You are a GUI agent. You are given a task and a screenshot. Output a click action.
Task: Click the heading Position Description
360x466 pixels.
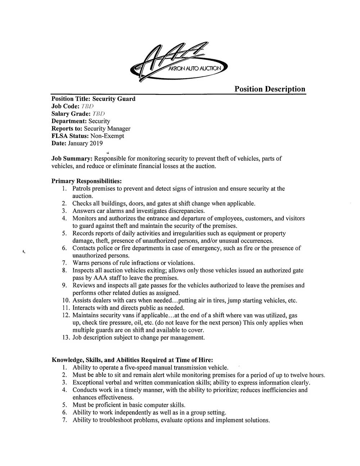(270, 89)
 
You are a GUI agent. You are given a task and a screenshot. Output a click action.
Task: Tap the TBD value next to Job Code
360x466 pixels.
(87, 106)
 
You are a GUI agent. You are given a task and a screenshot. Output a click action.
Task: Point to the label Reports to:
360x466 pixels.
(67, 129)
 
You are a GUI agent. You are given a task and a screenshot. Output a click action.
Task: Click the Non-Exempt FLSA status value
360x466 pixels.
(107, 136)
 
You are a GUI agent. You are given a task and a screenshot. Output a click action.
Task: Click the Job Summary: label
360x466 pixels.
(72, 158)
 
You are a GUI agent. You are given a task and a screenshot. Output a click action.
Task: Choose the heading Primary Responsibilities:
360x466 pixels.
(86, 181)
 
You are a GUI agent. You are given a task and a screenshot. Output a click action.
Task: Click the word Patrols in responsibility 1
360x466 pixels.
(82, 188)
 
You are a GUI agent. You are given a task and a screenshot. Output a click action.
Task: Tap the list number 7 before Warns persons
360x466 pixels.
(64, 263)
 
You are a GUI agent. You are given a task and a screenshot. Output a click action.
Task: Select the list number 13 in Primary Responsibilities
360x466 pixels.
(66, 338)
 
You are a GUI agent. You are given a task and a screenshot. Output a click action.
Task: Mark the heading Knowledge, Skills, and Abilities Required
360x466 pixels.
(132, 360)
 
